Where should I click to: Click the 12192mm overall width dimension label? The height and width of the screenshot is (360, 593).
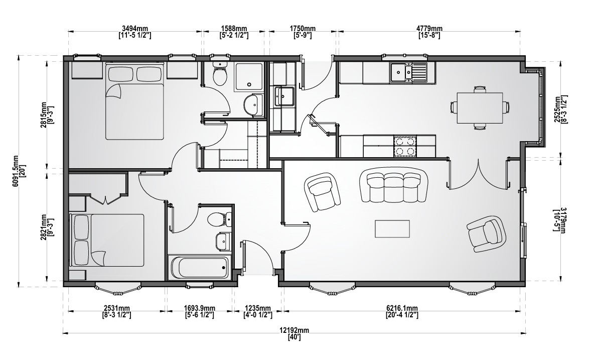tap(294, 333)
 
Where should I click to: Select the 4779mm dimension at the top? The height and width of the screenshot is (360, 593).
tap(429, 32)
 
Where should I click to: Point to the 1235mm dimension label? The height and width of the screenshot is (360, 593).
tap(257, 311)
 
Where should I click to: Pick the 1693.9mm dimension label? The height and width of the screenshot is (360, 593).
tap(199, 311)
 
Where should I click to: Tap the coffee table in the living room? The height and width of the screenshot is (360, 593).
tap(392, 228)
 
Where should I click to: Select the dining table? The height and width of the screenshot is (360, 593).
tap(480, 107)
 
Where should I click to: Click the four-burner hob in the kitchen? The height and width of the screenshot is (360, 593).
tap(405, 146)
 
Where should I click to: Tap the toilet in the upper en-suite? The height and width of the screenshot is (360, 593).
tap(219, 73)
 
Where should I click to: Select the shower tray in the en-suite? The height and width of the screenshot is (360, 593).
tap(249, 76)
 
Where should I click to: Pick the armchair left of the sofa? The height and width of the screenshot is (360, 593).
tap(322, 191)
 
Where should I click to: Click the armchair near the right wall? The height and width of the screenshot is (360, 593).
tap(487, 233)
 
